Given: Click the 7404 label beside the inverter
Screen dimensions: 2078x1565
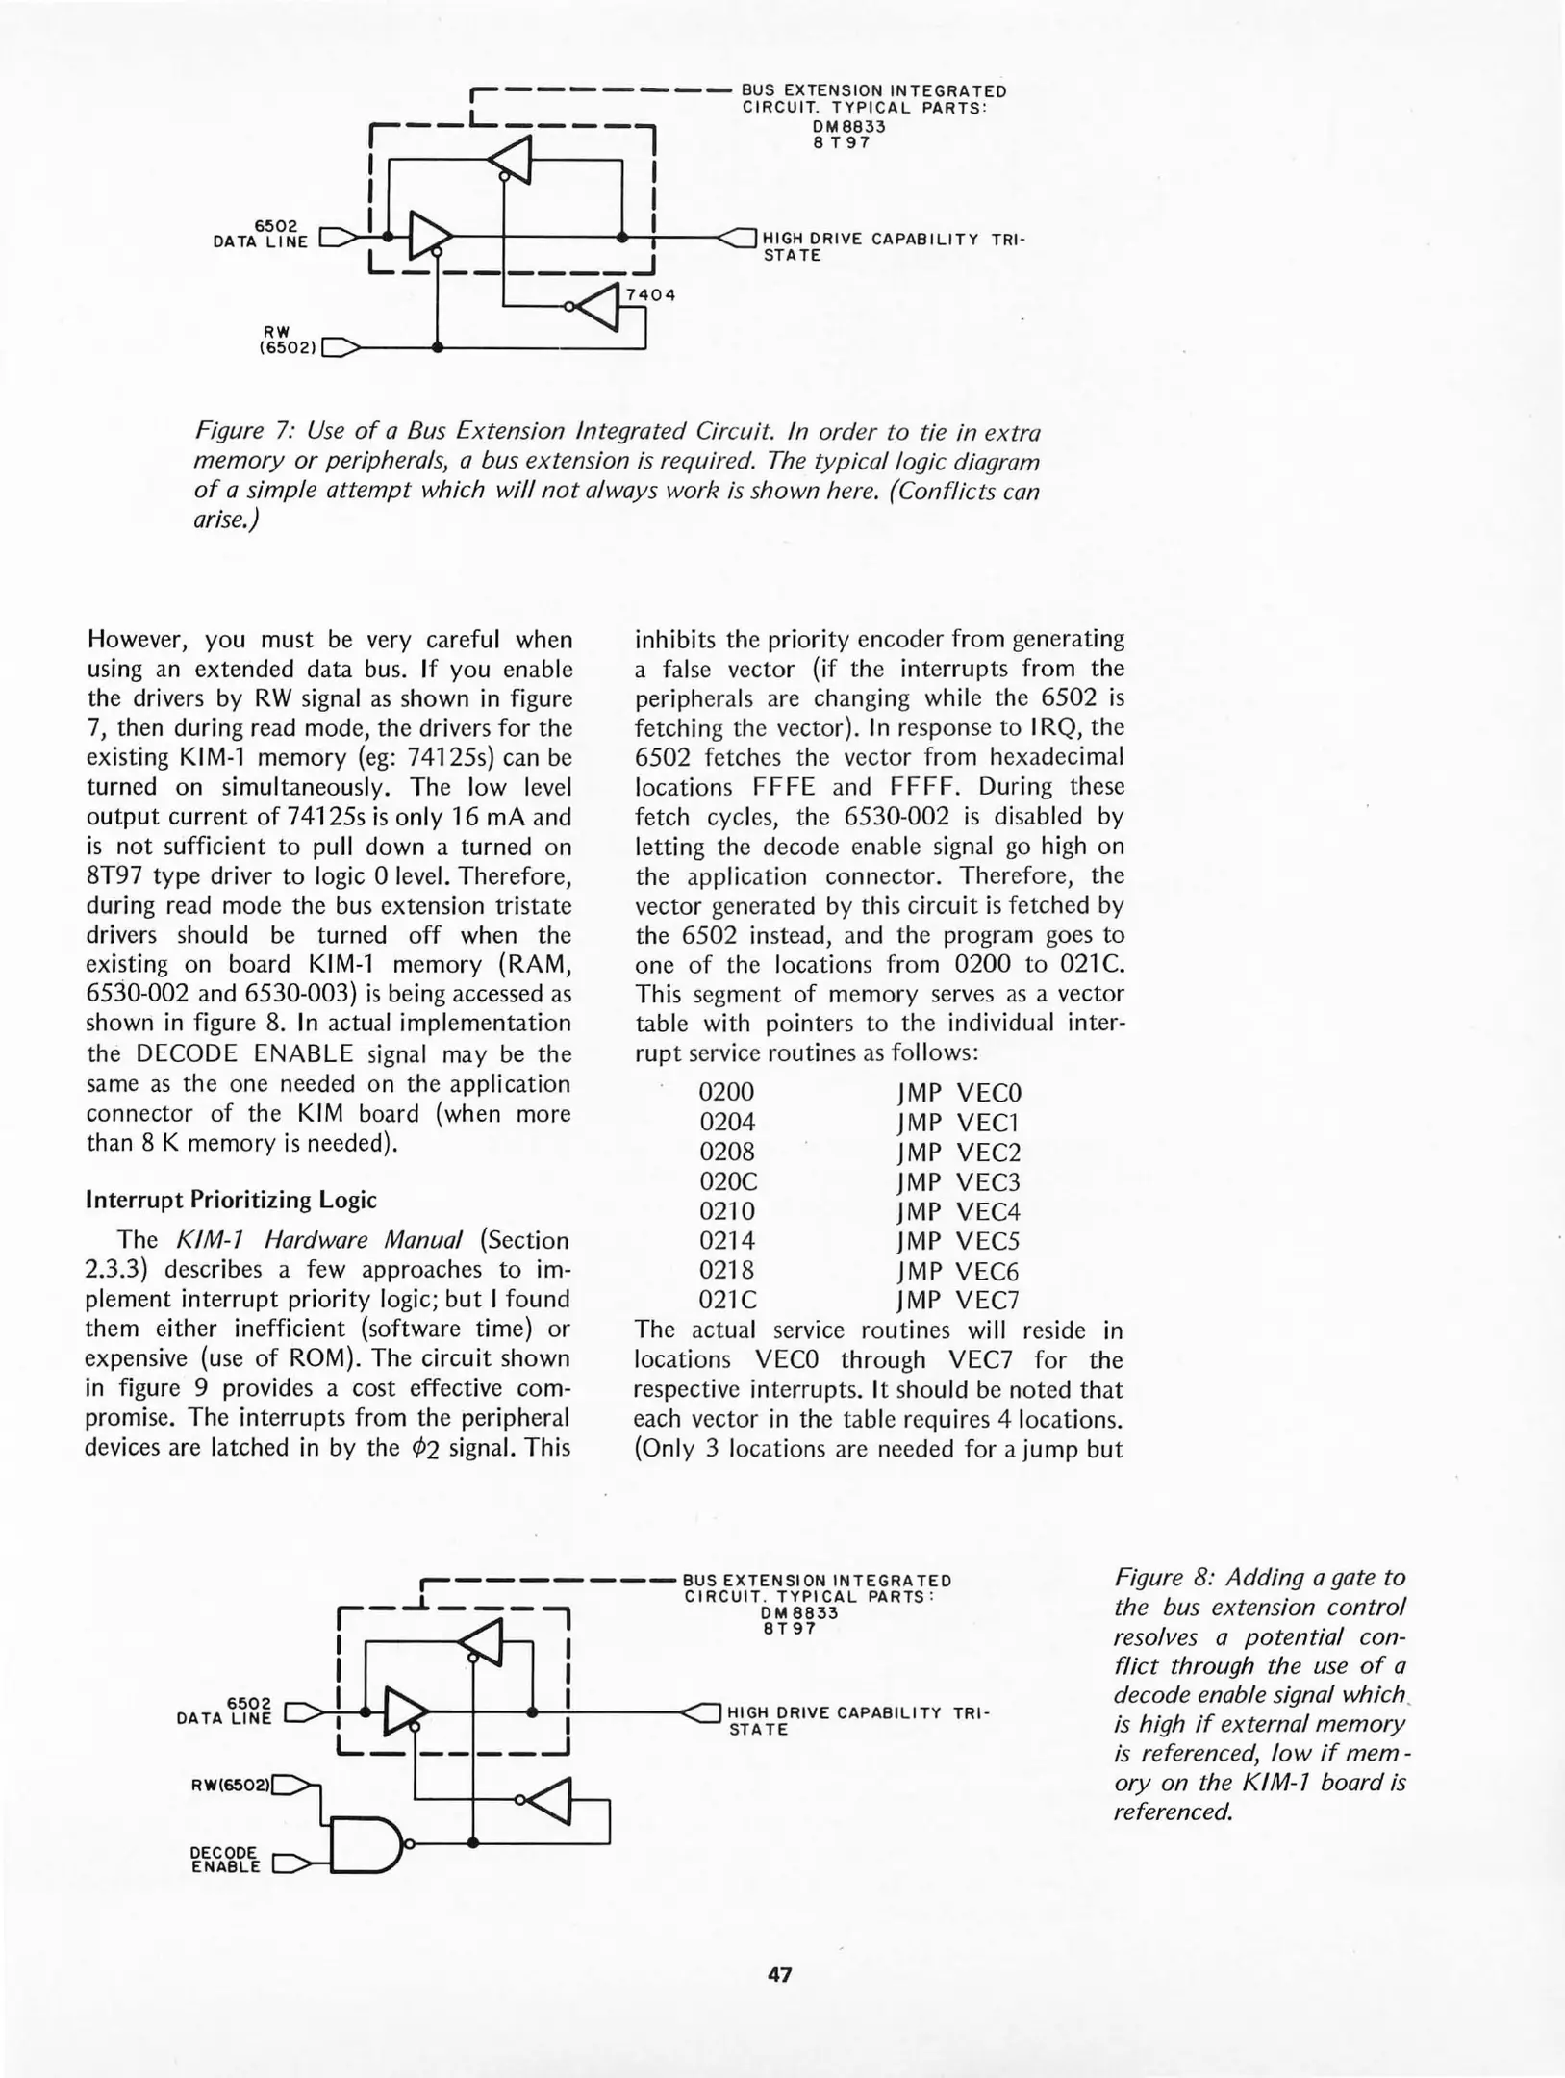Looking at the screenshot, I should tap(650, 294).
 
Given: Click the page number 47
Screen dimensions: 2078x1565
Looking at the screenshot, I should tap(779, 1975).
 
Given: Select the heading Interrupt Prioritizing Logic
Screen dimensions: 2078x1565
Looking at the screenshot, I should tap(231, 1200).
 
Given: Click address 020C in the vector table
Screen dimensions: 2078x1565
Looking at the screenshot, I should tap(728, 1181).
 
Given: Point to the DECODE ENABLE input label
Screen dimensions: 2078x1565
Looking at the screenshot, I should tap(225, 1860).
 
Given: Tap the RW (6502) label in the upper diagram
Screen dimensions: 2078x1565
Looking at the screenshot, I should tap(287, 339).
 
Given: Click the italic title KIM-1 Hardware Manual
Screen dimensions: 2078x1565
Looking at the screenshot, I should tap(314, 1240).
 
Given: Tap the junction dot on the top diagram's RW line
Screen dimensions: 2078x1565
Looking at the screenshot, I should tap(438, 348).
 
